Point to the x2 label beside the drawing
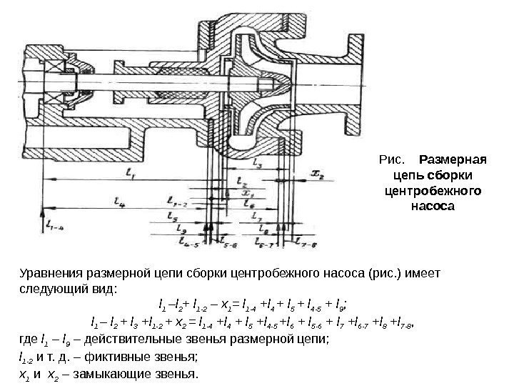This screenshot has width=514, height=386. coord(318,174)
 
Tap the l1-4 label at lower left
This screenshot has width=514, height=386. coord(55,226)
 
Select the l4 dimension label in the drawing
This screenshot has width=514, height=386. coord(119,202)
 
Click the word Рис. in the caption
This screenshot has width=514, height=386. coord(393,158)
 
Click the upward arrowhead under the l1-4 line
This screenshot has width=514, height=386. coord(45,213)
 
